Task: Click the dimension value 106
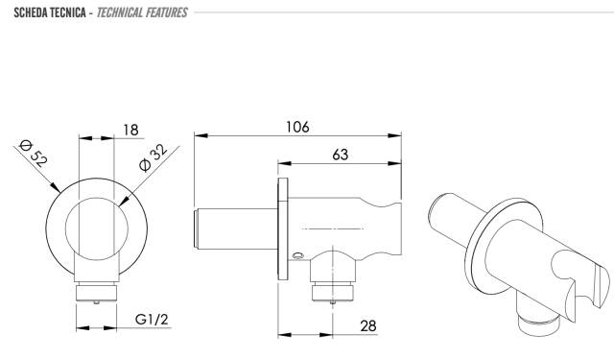click(x=297, y=127)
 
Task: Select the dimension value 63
click(x=340, y=155)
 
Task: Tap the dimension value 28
click(x=367, y=325)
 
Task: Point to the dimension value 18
click(x=130, y=130)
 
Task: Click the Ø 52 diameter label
click(x=34, y=154)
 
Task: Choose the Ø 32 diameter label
click(x=153, y=157)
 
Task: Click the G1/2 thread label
click(x=152, y=320)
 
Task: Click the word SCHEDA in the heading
click(x=31, y=12)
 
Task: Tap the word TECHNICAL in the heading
click(x=119, y=12)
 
